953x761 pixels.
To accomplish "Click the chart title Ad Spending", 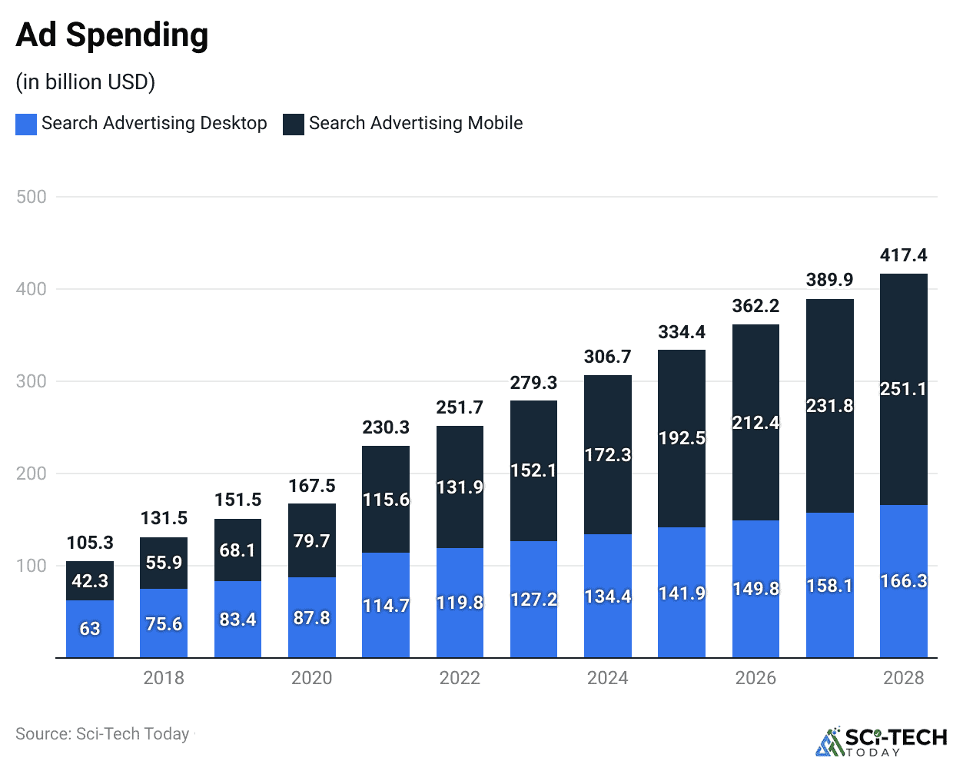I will (x=112, y=35).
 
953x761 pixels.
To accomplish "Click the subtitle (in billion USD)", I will (x=85, y=81).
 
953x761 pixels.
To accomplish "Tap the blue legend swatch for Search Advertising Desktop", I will (x=26, y=124).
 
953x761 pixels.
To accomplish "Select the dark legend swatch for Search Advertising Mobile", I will (x=293, y=124).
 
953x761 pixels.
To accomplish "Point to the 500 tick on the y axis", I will (x=32, y=197).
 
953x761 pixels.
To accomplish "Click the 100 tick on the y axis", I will (x=32, y=566).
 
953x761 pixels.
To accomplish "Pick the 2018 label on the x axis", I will (x=164, y=678).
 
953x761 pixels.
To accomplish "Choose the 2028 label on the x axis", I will (x=903, y=678).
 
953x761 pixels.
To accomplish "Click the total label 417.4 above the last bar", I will (x=903, y=255).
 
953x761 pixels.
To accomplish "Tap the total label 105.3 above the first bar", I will (x=90, y=543).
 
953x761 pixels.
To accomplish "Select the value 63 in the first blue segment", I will (x=90, y=629).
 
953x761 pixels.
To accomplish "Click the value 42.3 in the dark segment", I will (x=90, y=581).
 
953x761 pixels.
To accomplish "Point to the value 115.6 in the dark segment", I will (x=386, y=500).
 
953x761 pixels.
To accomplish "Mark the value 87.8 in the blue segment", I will (x=311, y=618).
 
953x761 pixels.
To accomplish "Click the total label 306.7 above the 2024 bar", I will (x=607, y=357).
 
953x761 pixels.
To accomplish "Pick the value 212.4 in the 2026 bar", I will (x=755, y=423).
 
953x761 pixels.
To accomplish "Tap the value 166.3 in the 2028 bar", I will (x=903, y=581).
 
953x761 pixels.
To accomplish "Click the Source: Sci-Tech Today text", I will (x=102, y=734).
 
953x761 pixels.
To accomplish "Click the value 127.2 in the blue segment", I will (x=533, y=600).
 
